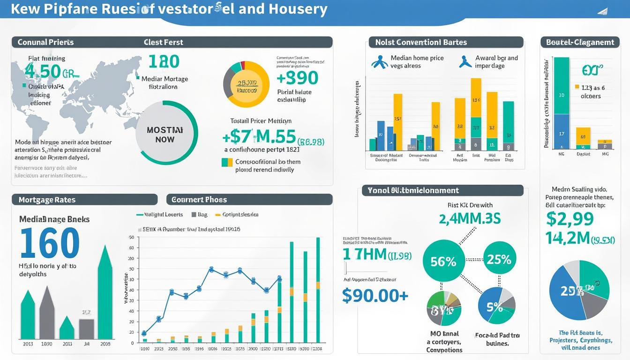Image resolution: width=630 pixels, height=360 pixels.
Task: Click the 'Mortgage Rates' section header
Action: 47,200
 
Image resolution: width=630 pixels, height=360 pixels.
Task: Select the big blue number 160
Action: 50,243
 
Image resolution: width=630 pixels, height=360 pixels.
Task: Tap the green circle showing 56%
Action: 443,261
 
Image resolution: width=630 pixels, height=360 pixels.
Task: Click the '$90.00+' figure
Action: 375,295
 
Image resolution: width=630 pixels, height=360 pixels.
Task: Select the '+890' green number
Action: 297,78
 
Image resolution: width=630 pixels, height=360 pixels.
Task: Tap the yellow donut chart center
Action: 247,84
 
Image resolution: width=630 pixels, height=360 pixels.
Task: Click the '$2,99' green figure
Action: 570,218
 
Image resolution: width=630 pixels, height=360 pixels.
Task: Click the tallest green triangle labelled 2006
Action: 105,295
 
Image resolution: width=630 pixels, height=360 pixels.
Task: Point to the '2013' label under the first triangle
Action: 28,344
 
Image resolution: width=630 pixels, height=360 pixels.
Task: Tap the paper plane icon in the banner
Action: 603,11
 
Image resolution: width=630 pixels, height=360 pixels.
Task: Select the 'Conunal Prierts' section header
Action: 46,42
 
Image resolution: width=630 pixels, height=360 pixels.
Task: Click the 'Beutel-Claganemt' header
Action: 580,42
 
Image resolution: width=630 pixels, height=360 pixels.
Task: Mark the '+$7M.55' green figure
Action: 259,137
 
